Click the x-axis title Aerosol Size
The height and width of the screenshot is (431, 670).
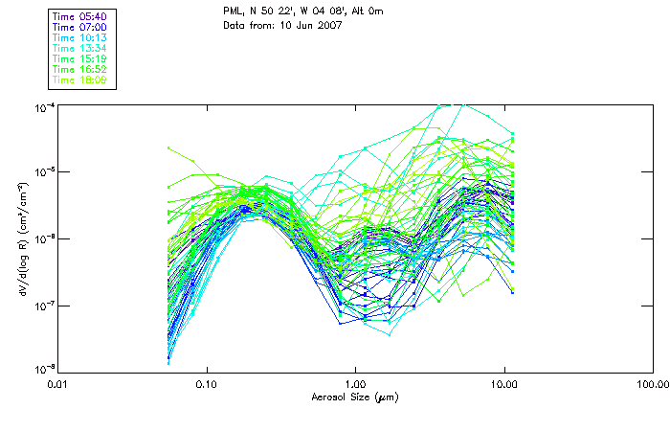coord(355,396)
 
